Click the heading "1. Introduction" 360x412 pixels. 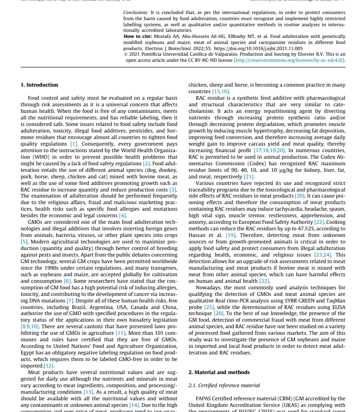(x=39, y=85)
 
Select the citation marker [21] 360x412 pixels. (x=248, y=177)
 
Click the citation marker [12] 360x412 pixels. (x=49, y=366)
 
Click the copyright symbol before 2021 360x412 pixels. (x=126, y=54)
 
